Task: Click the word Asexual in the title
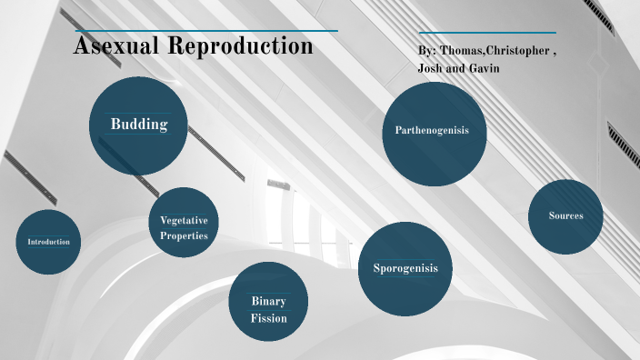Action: coord(115,45)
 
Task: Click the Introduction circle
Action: coord(49,242)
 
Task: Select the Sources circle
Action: coord(565,216)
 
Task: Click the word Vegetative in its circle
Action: coord(184,221)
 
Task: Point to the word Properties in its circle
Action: coord(184,235)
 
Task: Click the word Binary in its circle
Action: coord(269,301)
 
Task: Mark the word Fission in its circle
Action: coord(269,318)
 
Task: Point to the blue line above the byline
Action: coord(487,33)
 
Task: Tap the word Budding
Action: coord(139,124)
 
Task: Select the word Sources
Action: coord(565,215)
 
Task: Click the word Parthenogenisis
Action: coord(432,131)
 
